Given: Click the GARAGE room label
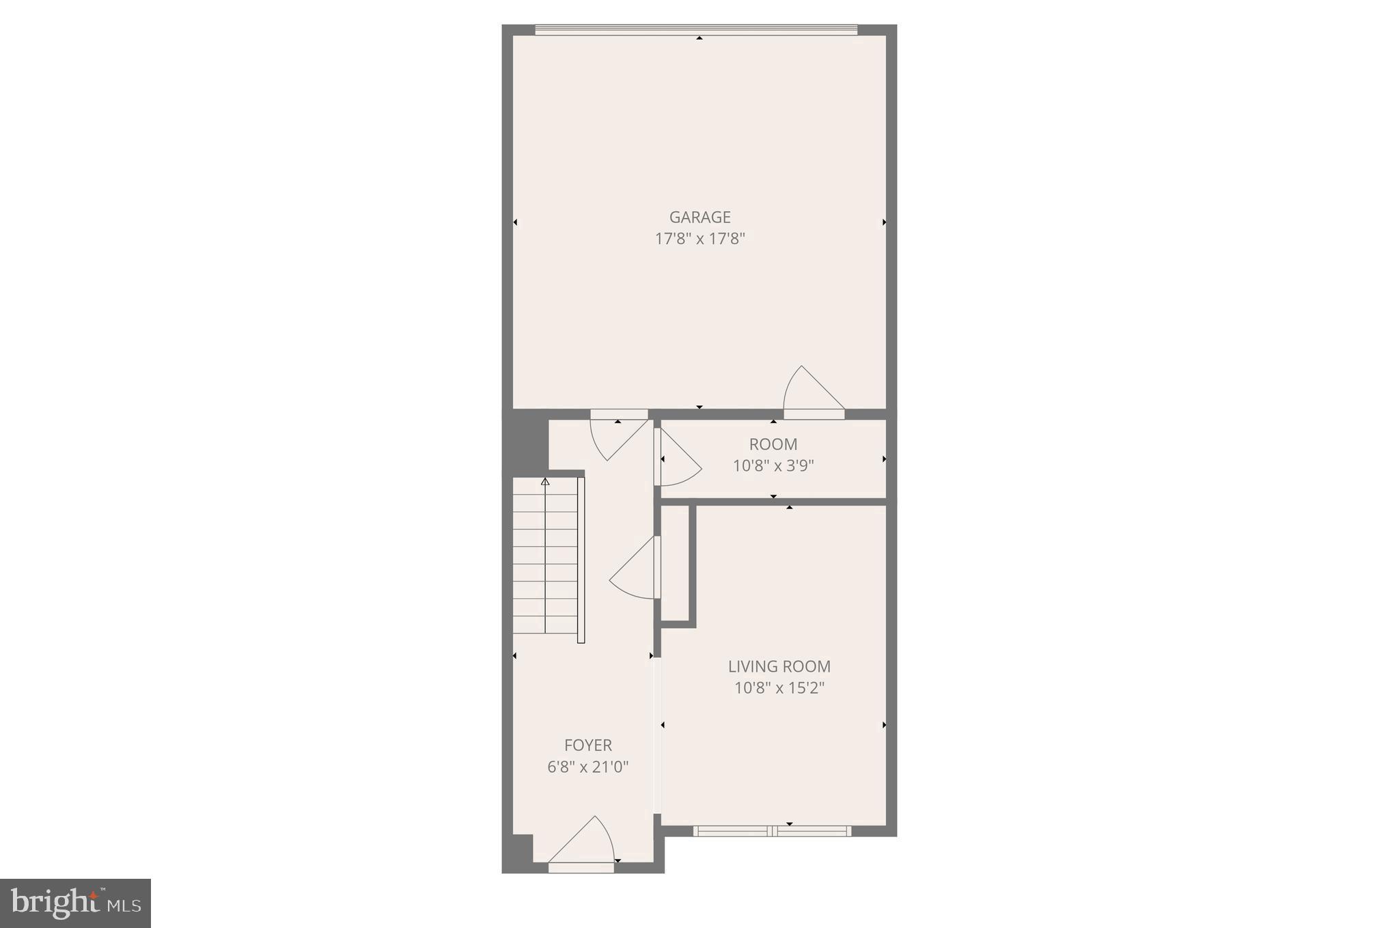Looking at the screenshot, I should (x=699, y=217).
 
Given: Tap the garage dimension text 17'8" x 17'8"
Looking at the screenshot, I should (x=699, y=239).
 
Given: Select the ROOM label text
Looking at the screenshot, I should (x=773, y=444).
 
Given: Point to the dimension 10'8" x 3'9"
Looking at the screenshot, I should (x=773, y=466).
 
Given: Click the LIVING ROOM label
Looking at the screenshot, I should (x=779, y=666).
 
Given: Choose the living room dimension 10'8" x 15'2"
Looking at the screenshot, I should (x=779, y=688).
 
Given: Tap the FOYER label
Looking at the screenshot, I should (x=587, y=745).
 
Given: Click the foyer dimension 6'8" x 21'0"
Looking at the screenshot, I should (x=587, y=767).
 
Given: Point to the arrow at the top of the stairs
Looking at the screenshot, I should (x=545, y=482).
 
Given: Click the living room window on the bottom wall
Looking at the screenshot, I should (x=772, y=831).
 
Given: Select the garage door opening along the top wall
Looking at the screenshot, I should (x=695, y=29).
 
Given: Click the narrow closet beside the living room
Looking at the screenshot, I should (x=675, y=564).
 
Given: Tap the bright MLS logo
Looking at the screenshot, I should (x=75, y=903).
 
